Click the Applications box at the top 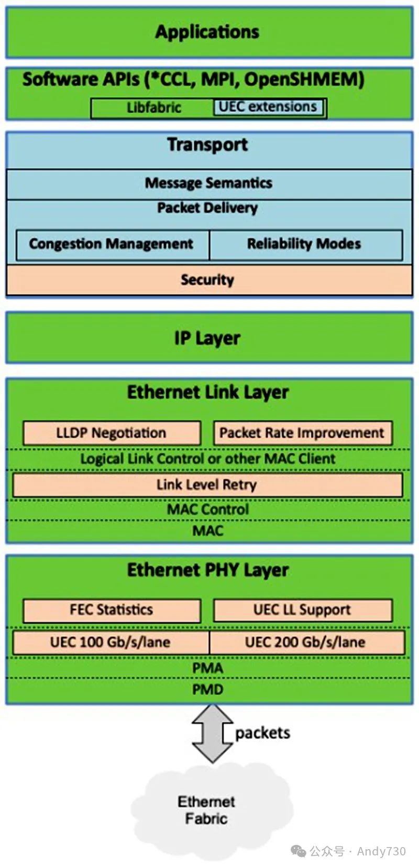click(208, 32)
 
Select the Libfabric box click(153, 108)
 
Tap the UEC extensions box click(268, 107)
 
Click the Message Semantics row click(208, 183)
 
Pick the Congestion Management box click(112, 244)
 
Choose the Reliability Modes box click(305, 244)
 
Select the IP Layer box click(208, 338)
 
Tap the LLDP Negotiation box click(112, 433)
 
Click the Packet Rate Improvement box click(302, 433)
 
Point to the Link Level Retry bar click(207, 485)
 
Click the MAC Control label click(208, 509)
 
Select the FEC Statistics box click(112, 610)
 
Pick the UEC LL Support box click(302, 610)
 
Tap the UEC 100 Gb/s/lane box click(111, 643)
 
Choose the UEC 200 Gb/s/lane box click(306, 643)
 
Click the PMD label click(208, 689)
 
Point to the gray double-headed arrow click(212, 733)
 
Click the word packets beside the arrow click(262, 733)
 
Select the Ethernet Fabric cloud click(207, 810)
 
